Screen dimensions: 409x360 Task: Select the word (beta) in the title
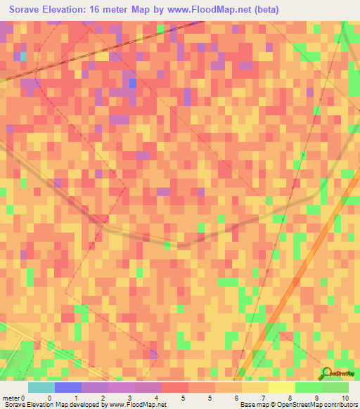[265, 10]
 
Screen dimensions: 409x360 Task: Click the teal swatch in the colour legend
[41, 387]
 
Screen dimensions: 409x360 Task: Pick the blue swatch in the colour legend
[68, 387]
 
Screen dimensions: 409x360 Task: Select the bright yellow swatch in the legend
[281, 387]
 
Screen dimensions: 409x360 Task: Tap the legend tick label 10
[345, 397]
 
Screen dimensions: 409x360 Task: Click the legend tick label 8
[290, 397]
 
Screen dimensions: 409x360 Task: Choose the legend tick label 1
[76, 397]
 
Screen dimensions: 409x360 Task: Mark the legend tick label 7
[264, 397]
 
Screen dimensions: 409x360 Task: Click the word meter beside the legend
[12, 397]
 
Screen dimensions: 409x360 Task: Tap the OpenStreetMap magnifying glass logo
[327, 372]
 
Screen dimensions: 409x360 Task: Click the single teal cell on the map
[23, 56]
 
